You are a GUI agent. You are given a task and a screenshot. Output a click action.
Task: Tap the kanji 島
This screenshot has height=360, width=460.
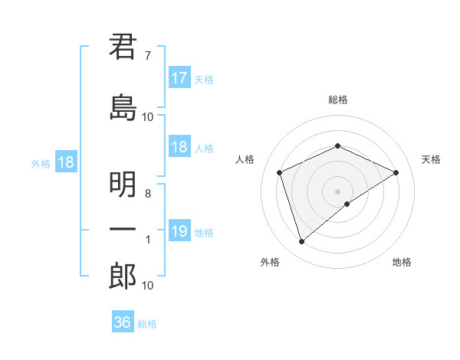(x=123, y=106)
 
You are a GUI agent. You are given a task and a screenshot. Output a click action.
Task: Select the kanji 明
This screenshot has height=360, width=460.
(x=123, y=185)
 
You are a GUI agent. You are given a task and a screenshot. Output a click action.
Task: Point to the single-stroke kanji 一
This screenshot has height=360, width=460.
(x=123, y=230)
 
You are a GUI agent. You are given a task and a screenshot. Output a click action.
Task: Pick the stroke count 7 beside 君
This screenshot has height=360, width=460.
(x=147, y=56)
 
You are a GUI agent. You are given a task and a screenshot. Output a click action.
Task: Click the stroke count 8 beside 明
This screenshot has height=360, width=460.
(x=147, y=194)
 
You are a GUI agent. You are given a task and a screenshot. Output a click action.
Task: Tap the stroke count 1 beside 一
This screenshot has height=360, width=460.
(x=148, y=240)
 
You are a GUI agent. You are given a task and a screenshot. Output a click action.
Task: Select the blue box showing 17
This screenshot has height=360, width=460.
(x=179, y=78)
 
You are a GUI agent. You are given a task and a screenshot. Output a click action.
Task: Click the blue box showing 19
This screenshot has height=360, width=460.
(x=179, y=231)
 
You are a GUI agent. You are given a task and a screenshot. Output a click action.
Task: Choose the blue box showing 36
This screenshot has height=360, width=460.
(x=123, y=322)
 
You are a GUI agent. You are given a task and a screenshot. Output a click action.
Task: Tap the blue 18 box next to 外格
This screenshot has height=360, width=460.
(x=65, y=162)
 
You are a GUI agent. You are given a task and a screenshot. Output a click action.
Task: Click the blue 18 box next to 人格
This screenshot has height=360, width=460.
(x=179, y=147)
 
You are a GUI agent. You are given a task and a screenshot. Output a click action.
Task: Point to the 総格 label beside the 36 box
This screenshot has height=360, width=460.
(x=147, y=324)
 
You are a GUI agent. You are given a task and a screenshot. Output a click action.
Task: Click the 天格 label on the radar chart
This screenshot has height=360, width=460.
(x=431, y=159)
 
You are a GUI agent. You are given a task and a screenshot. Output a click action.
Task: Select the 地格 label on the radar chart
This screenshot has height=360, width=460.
(x=402, y=262)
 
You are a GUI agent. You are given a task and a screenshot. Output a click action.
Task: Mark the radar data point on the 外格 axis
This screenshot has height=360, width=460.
(x=301, y=242)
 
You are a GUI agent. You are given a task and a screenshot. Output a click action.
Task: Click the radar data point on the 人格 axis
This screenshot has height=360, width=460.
(x=280, y=172)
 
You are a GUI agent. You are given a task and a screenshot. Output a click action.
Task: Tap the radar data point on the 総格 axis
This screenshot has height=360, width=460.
(x=337, y=146)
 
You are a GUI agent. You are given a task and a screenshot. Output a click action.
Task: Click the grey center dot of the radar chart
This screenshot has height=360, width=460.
(x=337, y=191)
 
